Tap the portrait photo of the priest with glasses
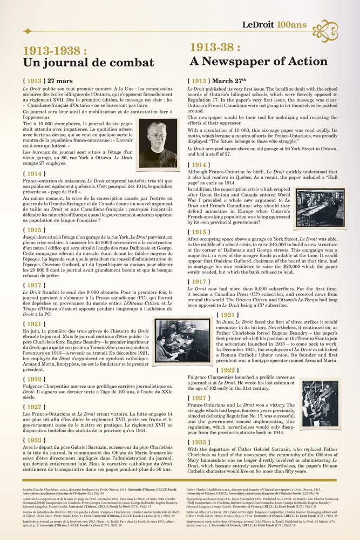[x=158, y=143]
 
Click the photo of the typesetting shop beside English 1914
[x=320, y=207]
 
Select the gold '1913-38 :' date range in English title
[x=220, y=47]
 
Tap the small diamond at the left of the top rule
[x=26, y=31]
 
